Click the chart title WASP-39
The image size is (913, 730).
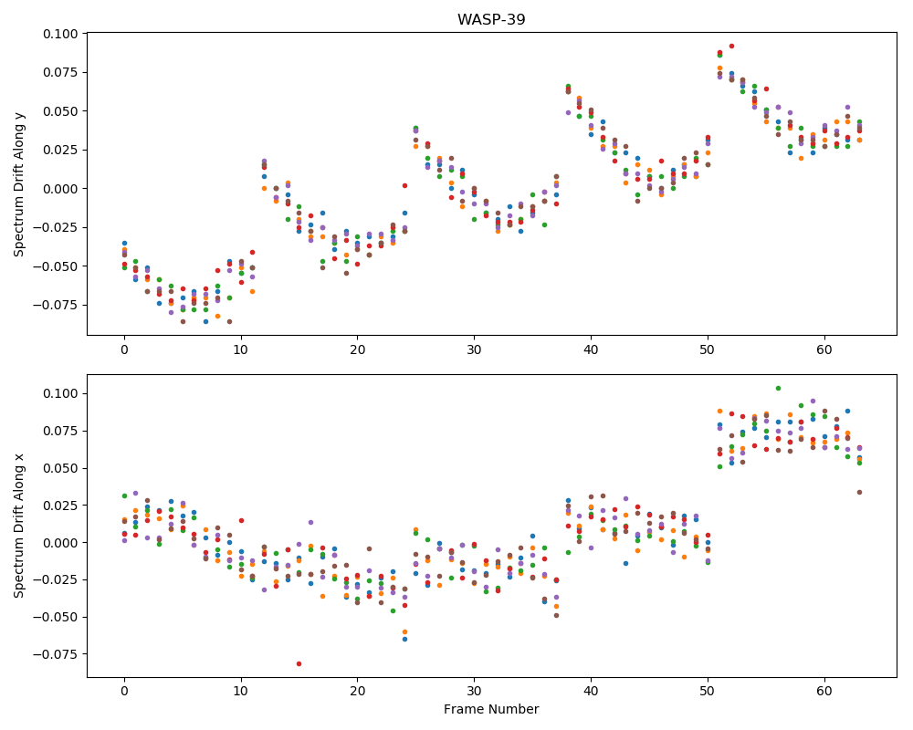click(491, 19)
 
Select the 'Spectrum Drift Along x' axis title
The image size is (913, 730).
click(19, 526)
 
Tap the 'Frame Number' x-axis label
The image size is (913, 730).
click(491, 709)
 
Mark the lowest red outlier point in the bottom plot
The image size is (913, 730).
click(299, 663)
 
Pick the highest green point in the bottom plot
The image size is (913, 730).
click(778, 389)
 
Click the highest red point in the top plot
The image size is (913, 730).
click(731, 46)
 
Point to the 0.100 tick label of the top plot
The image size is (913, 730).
click(60, 34)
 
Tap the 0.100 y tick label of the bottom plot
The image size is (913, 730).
click(60, 393)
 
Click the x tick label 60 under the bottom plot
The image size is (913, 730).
click(824, 691)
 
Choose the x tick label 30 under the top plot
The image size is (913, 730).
click(474, 349)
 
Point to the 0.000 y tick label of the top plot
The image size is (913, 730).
click(60, 189)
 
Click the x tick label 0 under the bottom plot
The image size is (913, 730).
click(124, 691)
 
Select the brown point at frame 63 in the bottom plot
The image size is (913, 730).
click(859, 493)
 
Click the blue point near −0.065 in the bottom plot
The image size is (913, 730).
click(404, 639)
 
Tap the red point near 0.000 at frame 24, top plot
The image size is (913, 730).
click(404, 186)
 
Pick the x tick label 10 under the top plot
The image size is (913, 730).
click(240, 349)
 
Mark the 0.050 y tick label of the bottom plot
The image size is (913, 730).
click(60, 468)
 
